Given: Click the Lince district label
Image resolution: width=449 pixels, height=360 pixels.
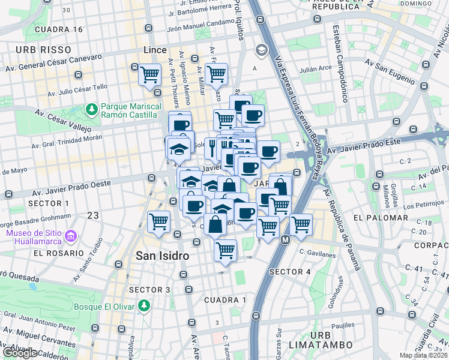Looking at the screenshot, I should pyautogui.click(x=155, y=50).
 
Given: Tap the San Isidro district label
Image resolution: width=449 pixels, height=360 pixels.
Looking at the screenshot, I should pyautogui.click(x=162, y=256).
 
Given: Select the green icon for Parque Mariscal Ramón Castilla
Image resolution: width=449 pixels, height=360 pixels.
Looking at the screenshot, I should pyautogui.click(x=91, y=109).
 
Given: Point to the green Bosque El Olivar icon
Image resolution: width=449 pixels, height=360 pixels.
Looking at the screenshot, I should pyautogui.click(x=143, y=306).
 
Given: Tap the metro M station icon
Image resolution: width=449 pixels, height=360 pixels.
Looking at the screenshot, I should pyautogui.click(x=286, y=239).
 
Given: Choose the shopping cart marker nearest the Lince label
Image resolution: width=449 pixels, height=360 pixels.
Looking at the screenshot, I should pyautogui.click(x=149, y=75).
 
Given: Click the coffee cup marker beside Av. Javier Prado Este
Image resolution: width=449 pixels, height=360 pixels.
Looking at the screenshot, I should pyautogui.click(x=268, y=152).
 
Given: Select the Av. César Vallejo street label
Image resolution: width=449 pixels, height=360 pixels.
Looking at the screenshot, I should pyautogui.click(x=62, y=120).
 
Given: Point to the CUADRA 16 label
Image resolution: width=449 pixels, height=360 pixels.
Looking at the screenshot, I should pyautogui.click(x=59, y=29).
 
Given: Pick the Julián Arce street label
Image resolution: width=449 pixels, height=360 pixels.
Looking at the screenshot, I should pyautogui.click(x=316, y=68).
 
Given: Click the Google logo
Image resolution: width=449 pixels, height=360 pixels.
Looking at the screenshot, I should pyautogui.click(x=20, y=353).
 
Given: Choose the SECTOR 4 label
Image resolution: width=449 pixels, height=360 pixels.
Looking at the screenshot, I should pyautogui.click(x=290, y=272).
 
